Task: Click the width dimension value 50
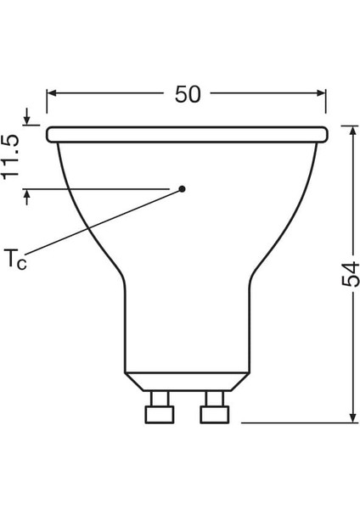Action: coord(188,95)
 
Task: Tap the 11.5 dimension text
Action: coord(12,155)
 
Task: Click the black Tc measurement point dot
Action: coord(182,189)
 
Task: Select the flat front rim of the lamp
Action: coord(187,134)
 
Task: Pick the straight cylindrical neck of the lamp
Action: coord(187,331)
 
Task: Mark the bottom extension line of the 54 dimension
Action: coord(297,421)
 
